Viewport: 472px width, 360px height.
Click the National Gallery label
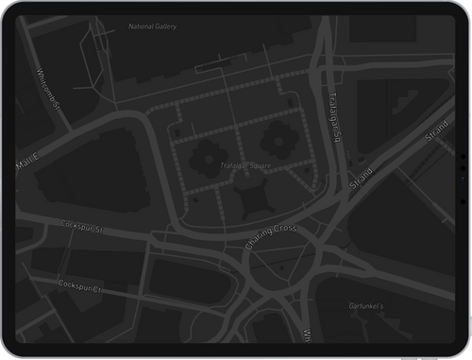click(x=152, y=26)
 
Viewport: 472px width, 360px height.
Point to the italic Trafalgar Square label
click(x=245, y=166)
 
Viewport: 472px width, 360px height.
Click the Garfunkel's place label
click(x=363, y=306)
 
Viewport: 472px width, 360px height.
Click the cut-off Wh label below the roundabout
click(x=306, y=334)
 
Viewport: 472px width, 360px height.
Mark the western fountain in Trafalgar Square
click(x=205, y=155)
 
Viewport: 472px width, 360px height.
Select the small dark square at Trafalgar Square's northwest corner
click(x=177, y=134)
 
